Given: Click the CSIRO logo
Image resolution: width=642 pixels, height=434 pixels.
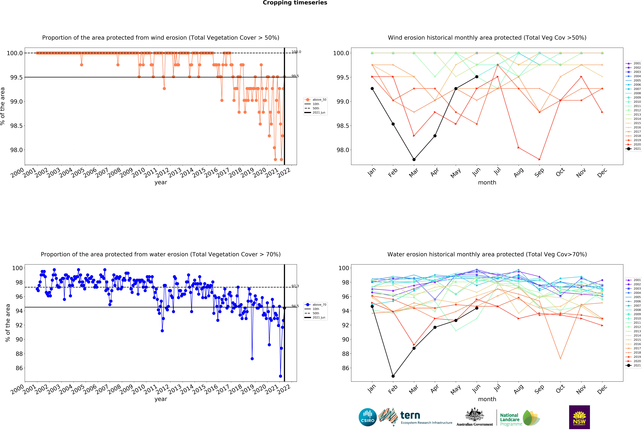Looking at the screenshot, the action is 368,417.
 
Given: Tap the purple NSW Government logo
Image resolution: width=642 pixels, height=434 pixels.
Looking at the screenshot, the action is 579,417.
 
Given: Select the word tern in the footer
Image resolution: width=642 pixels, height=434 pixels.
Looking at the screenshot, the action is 410,415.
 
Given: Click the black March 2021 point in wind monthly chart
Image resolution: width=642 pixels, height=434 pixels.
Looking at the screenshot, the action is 414,159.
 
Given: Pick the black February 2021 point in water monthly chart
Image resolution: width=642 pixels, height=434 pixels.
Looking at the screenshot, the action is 393,376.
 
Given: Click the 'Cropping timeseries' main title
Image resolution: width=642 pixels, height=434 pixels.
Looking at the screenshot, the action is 295,3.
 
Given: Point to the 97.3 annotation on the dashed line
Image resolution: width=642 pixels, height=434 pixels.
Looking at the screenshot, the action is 295,286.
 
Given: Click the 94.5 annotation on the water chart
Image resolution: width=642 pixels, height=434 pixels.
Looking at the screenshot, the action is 295,306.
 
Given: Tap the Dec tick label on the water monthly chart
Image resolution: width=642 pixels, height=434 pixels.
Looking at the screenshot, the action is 602,389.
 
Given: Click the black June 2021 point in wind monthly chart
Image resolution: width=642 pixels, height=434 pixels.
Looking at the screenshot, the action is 477,77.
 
